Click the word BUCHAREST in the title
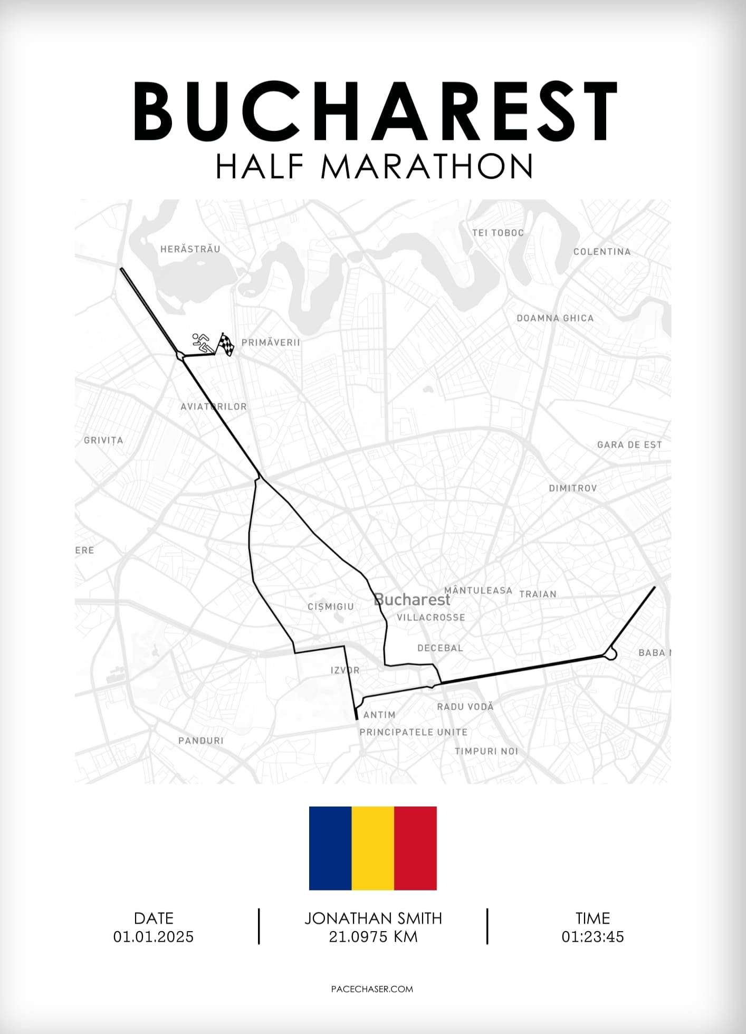[375, 112]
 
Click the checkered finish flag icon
[226, 344]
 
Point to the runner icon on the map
[201, 343]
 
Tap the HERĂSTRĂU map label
[190, 249]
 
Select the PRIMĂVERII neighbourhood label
[271, 343]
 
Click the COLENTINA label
[601, 252]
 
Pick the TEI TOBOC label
[498, 233]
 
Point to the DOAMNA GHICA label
[554, 318]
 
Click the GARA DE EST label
[629, 445]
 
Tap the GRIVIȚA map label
[103, 440]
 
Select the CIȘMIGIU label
[330, 607]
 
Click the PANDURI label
[200, 741]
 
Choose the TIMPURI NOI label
[486, 751]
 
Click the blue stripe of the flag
[330, 848]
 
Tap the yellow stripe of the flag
[372, 848]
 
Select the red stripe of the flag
[415, 848]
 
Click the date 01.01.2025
[154, 937]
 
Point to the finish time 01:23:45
[592, 937]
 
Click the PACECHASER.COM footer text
[372, 989]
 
